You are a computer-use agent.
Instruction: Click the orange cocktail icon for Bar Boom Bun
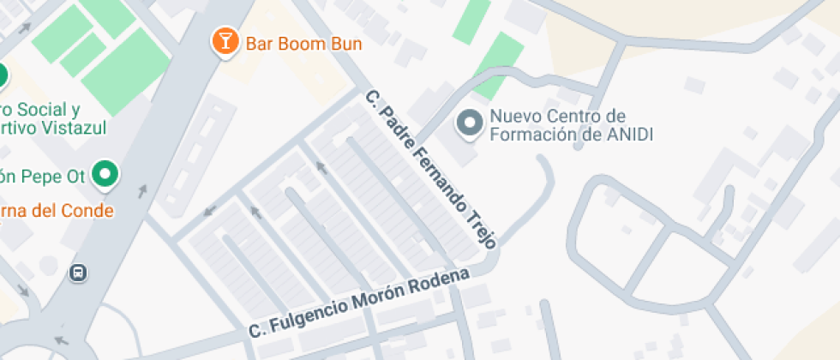coord(225,42)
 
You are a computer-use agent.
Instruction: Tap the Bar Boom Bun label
coord(303,43)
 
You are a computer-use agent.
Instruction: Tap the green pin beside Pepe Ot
coord(105,174)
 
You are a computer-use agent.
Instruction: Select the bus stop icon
coord(78,273)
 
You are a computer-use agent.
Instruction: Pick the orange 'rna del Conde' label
coord(57,210)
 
